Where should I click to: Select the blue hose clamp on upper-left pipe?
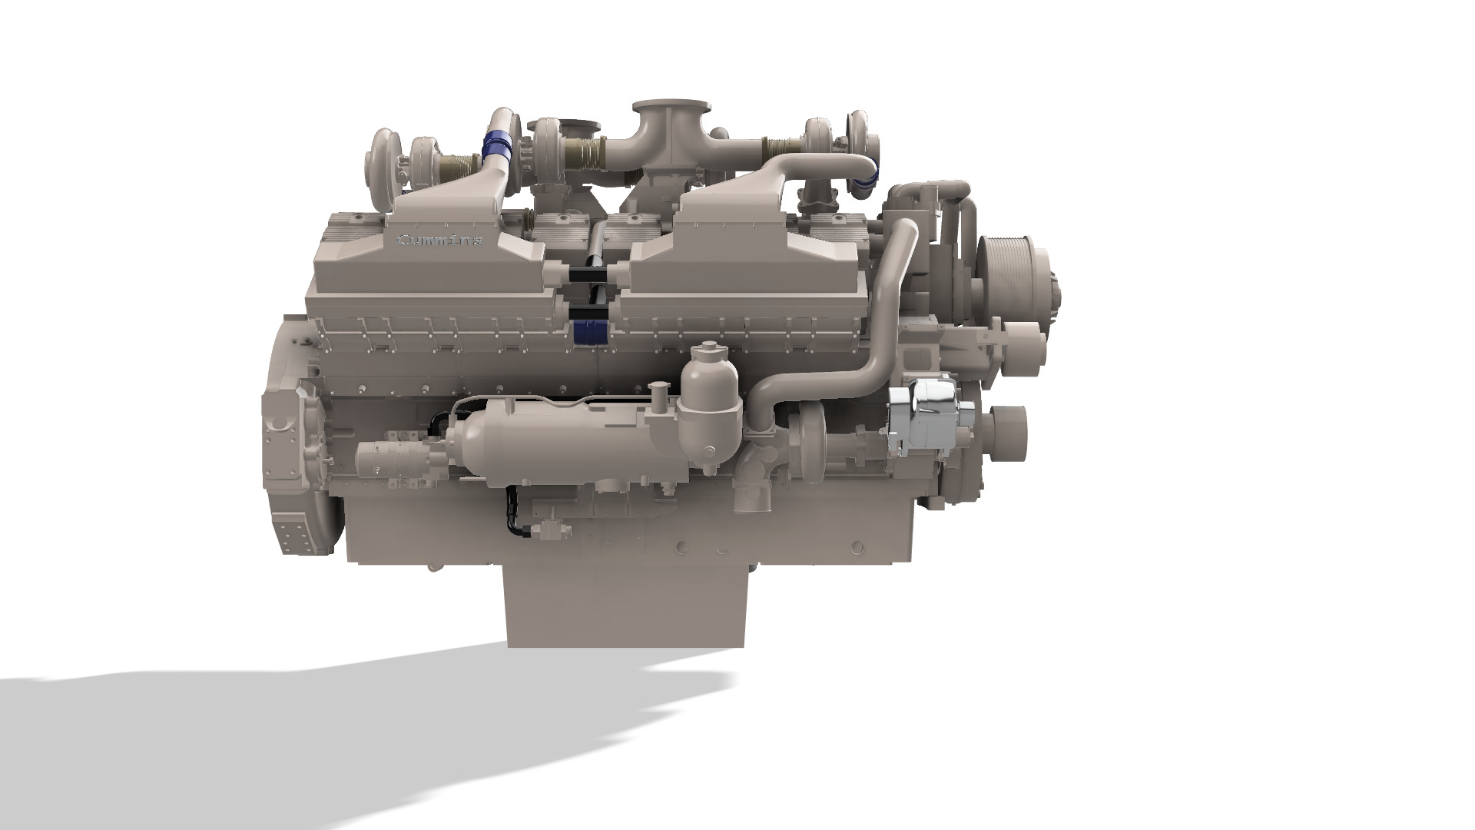(x=498, y=145)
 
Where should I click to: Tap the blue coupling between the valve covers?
(x=590, y=331)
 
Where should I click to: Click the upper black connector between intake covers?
(x=590, y=274)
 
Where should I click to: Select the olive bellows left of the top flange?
(x=583, y=153)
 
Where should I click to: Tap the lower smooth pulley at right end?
(x=1008, y=434)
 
